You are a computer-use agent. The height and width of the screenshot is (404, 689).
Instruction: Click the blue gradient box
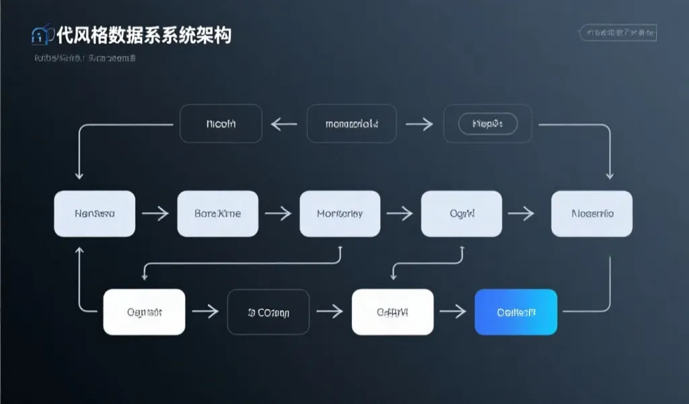click(x=516, y=312)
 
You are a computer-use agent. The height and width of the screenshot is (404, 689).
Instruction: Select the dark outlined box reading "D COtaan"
click(x=268, y=312)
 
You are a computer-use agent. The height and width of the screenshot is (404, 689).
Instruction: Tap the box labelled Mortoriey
click(x=340, y=213)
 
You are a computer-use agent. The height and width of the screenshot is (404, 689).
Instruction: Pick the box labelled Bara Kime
click(x=217, y=213)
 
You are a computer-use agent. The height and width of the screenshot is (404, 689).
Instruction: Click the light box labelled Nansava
click(x=94, y=213)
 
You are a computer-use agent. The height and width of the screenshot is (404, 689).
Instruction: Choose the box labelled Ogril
click(x=462, y=213)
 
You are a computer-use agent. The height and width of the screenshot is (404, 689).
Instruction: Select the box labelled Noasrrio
click(x=591, y=213)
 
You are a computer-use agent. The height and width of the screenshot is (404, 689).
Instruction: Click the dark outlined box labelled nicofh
click(x=221, y=124)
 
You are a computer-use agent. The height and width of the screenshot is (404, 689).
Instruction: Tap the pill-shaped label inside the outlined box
click(x=488, y=124)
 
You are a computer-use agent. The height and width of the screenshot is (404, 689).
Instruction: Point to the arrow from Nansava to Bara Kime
click(x=155, y=213)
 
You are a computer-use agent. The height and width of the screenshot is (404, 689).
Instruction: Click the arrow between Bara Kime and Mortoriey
click(x=278, y=213)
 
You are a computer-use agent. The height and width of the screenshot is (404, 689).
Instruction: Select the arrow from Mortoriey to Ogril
click(x=400, y=213)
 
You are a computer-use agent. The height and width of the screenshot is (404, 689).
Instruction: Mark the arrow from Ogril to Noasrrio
click(x=521, y=213)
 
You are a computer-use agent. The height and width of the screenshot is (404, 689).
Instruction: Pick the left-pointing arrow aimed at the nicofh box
click(x=283, y=124)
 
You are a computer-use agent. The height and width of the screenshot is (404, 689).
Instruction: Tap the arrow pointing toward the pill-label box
click(x=419, y=124)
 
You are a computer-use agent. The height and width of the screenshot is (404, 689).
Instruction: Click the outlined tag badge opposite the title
click(x=618, y=32)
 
